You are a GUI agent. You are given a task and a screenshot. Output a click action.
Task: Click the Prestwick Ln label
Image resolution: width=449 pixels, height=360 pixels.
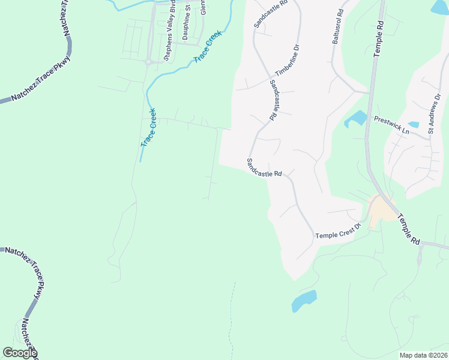click(x=391, y=125)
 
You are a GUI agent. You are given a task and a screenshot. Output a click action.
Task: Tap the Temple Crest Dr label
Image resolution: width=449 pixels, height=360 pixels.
click(x=337, y=230)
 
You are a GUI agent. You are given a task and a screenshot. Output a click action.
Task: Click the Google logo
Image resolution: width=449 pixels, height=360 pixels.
click(x=19, y=353)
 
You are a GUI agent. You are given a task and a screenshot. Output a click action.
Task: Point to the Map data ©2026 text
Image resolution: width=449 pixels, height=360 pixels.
click(x=423, y=355)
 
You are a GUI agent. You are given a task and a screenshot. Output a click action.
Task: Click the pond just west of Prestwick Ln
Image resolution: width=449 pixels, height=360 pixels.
click(x=357, y=118)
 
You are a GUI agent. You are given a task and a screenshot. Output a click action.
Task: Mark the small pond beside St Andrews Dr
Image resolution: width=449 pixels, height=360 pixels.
click(x=414, y=125)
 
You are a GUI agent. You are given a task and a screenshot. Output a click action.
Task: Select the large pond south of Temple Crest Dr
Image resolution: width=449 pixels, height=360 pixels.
click(x=304, y=300)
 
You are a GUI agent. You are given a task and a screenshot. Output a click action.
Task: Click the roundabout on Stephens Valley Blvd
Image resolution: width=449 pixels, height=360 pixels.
click(x=147, y=61)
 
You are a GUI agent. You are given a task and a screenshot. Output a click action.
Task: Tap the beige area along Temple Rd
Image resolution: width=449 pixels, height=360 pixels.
click(x=380, y=211)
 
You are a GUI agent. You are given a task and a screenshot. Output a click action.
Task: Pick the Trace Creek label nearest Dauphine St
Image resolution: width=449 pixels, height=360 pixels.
click(x=208, y=47)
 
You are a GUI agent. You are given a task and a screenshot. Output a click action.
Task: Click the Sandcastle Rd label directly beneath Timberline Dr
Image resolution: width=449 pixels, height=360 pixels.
click(x=274, y=97)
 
